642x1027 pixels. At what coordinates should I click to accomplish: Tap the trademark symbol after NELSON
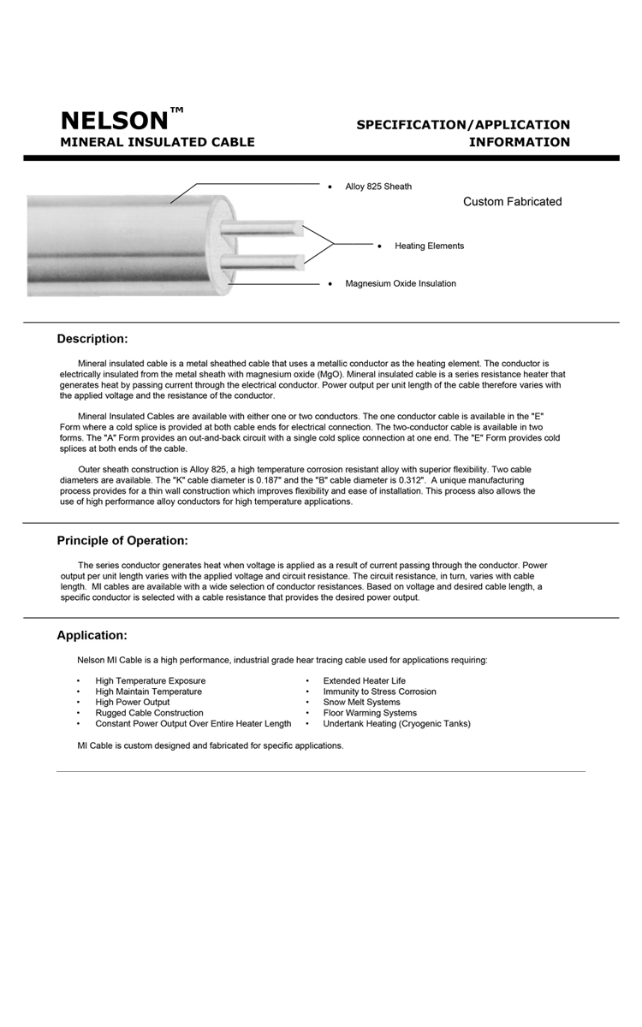click(x=176, y=110)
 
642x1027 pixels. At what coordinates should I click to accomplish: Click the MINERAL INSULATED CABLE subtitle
click(x=157, y=142)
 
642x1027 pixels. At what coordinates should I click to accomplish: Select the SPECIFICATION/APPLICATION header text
click(x=463, y=125)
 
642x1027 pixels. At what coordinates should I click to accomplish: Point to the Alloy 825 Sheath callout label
click(x=378, y=187)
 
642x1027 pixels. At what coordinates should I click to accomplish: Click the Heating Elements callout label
click(x=429, y=246)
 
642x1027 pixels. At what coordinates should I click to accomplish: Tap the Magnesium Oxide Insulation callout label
click(x=401, y=284)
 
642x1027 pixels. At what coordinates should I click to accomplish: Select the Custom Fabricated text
click(x=512, y=202)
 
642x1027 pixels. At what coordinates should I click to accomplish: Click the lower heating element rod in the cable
click(x=260, y=260)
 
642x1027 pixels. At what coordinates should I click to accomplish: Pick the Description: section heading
click(x=92, y=339)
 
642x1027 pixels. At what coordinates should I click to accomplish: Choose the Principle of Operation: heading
click(x=122, y=541)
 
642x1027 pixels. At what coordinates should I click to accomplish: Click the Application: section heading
click(x=92, y=636)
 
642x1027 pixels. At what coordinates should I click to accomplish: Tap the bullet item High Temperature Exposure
click(x=151, y=681)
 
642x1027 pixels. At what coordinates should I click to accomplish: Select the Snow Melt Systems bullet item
click(x=361, y=703)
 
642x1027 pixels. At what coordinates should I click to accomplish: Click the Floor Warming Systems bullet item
click(x=370, y=713)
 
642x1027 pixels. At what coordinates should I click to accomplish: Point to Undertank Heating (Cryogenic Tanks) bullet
click(x=396, y=724)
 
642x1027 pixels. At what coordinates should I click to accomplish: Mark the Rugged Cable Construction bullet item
click(x=149, y=713)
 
